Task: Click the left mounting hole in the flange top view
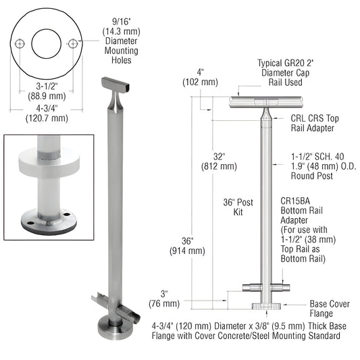tap(21, 43)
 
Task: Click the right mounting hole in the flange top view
tap(73, 43)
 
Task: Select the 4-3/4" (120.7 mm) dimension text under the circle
tap(46, 112)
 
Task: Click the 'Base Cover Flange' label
tap(328, 308)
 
